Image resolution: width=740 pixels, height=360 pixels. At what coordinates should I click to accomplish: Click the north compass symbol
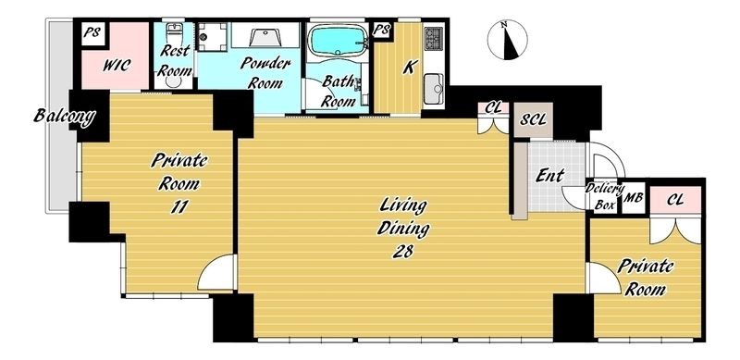507,40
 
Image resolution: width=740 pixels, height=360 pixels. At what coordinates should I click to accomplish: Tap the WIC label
117,65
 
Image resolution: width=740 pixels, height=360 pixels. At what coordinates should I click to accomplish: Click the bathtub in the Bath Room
337,39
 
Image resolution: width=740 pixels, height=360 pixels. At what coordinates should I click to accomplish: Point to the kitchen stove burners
433,39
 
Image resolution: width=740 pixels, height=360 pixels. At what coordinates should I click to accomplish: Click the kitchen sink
433,89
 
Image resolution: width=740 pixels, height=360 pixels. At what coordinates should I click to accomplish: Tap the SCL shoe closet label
533,119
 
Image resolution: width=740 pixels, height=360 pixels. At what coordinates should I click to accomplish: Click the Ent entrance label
550,176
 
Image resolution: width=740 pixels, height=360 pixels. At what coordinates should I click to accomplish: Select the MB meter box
634,198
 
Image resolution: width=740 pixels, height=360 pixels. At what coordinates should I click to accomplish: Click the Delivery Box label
604,196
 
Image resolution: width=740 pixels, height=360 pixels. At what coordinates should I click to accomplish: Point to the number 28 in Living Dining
402,252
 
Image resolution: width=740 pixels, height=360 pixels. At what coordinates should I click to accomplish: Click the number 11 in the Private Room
179,206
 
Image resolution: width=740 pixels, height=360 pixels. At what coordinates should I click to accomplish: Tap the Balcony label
64,116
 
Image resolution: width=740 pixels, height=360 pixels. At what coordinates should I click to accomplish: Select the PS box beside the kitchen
381,31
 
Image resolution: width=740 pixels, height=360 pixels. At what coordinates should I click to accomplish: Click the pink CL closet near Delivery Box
675,200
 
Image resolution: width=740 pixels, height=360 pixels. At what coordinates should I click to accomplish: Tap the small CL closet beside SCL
493,108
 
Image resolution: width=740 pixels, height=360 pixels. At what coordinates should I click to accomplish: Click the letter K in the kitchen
409,67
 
